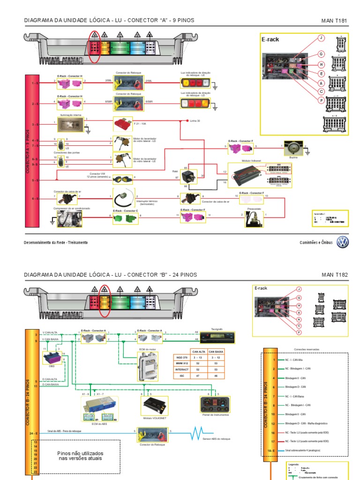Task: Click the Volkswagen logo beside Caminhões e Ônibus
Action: point(343,242)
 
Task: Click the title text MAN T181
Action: point(335,21)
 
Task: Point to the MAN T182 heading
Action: point(335,275)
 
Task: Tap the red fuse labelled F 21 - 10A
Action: point(122,124)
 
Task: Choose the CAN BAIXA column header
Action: point(216,351)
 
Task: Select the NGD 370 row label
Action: point(180,357)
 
